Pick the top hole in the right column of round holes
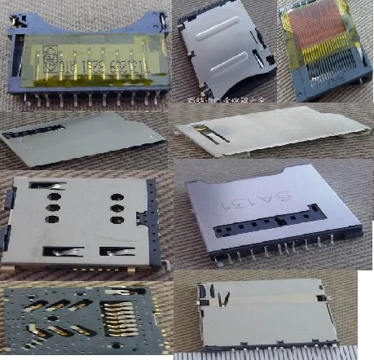(115, 195)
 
